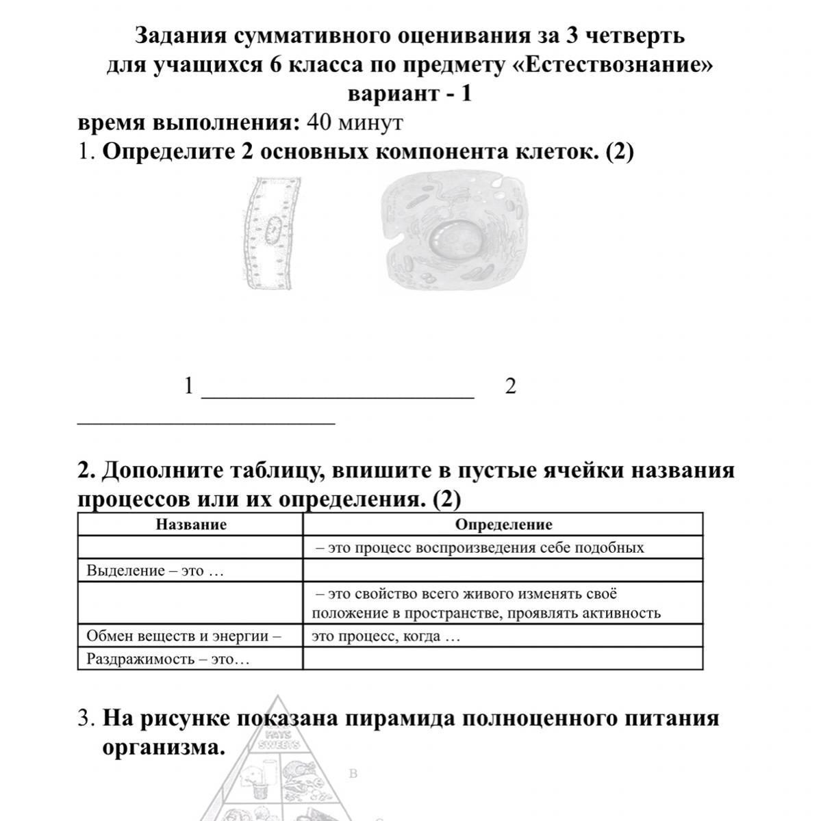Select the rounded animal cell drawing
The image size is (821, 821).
455,233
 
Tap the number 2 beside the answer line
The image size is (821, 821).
510,387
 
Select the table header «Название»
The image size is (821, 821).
191,525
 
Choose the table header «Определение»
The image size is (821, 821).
503,525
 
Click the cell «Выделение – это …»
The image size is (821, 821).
155,571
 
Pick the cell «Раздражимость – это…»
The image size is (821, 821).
168,660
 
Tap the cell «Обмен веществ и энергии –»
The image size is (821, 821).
184,636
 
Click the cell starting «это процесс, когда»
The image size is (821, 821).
386,636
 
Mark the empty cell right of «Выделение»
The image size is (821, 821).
503,571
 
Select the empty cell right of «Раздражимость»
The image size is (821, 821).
503,659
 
